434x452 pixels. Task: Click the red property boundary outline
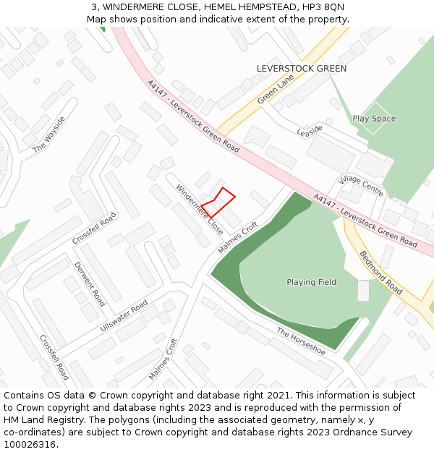pos(218,202)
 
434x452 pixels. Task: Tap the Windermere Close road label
pos(199,208)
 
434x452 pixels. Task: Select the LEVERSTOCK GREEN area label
pos(302,69)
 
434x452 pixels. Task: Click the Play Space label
pos(374,119)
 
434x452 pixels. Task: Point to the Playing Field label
pos(311,282)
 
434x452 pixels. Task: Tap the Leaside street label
pos(310,131)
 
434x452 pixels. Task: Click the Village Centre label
pos(361,186)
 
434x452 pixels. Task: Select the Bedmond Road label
pos(380,272)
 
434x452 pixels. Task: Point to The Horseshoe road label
pos(301,341)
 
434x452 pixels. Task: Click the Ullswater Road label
pos(124,317)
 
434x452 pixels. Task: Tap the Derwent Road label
pos(90,283)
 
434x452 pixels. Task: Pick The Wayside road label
pos(48,135)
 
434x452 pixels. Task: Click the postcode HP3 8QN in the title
pos(324,7)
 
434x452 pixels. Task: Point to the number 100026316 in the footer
pos(30,445)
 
